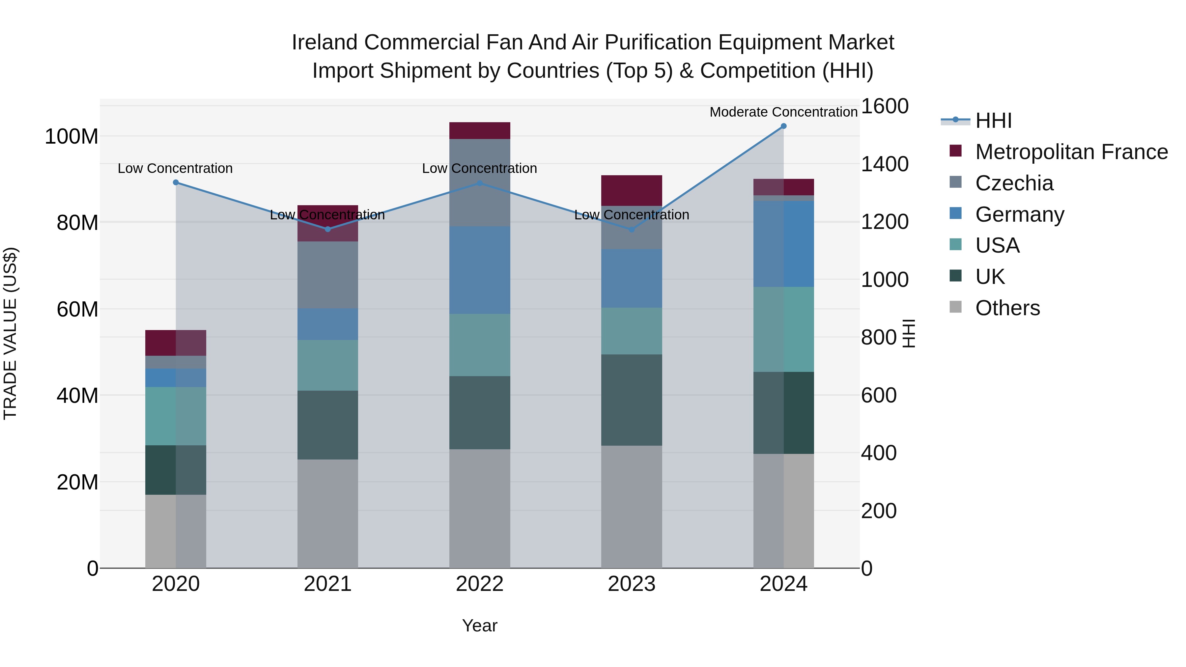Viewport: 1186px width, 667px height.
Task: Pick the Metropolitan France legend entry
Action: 1071,152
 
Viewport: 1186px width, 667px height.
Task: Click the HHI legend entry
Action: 993,121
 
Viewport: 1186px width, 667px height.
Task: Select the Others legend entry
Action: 1007,308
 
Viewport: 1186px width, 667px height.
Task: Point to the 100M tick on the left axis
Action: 71,137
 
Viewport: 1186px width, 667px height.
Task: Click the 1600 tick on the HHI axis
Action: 884,106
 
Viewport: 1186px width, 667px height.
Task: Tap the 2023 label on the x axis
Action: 631,584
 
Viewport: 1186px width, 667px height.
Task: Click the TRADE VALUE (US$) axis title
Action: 10,333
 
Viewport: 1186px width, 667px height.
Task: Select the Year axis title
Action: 479,625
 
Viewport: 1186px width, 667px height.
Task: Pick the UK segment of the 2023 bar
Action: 631,400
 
